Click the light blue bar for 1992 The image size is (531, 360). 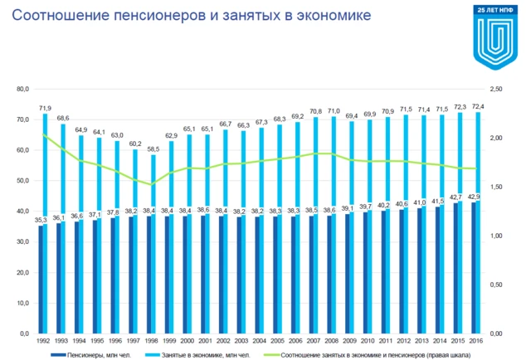[x=45, y=166]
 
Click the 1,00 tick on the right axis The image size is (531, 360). [x=497, y=236]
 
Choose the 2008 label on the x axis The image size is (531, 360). [x=330, y=341]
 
